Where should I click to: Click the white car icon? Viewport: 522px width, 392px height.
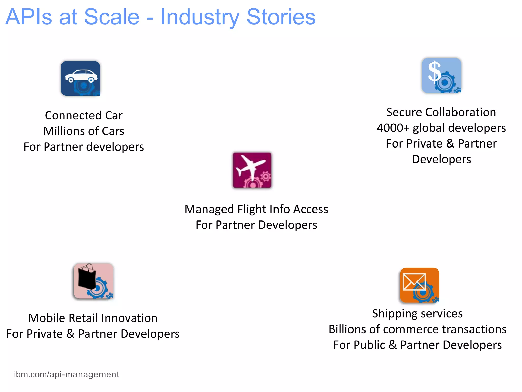(81, 76)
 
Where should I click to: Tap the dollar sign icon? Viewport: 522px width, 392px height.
(435, 72)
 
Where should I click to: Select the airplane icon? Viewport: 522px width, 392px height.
(250, 166)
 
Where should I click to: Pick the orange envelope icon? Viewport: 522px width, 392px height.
(414, 282)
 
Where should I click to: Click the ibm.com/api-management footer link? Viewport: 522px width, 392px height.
(66, 374)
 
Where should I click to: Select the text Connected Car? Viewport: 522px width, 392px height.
(84, 115)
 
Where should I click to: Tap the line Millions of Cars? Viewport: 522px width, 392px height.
(84, 131)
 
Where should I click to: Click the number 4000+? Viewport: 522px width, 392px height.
(393, 128)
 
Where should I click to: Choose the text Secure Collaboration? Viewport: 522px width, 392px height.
(441, 112)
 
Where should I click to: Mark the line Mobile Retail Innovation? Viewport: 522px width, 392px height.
(93, 318)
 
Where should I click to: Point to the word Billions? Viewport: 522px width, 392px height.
(348, 329)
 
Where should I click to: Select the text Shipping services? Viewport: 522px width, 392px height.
(417, 314)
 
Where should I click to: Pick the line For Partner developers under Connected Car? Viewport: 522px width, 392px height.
(84, 147)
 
